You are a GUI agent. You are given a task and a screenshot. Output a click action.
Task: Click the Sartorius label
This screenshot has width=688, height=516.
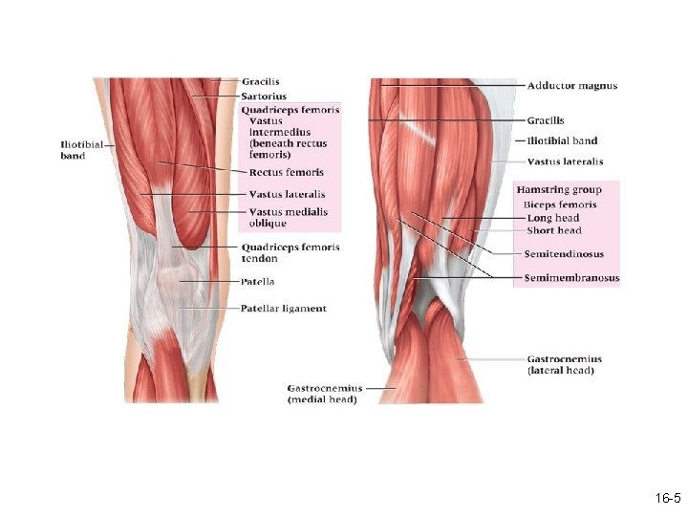pos(264,97)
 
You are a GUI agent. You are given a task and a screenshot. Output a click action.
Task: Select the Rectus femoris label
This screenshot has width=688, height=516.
pos(286,173)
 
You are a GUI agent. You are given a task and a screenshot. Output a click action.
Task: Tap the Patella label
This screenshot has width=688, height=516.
pos(258,282)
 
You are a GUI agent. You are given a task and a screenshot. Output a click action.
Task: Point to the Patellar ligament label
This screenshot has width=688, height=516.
pos(283,309)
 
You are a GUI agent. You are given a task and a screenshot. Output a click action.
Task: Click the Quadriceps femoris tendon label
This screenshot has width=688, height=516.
pos(290,252)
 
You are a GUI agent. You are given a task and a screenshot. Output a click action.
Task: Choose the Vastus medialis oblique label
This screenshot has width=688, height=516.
pos(288,217)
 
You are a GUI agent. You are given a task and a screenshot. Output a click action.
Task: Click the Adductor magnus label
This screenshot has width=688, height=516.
pos(571,86)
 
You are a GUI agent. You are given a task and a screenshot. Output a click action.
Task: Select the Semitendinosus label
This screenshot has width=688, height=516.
pos(564,254)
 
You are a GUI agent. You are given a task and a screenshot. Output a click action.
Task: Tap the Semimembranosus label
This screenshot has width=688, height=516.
pos(571,278)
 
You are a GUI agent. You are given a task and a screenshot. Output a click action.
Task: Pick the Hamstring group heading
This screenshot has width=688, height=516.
pos(559,190)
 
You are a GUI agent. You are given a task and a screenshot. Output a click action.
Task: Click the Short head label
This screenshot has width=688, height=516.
pos(554,230)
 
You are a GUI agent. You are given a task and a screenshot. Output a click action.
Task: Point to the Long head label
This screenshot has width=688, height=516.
pos(553,218)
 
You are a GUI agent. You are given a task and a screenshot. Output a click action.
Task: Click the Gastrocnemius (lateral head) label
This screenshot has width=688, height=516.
pos(563,364)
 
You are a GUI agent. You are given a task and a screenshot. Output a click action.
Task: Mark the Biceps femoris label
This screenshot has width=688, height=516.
pos(560,204)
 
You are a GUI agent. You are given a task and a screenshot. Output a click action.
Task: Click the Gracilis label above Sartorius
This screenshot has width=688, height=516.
pos(261,81)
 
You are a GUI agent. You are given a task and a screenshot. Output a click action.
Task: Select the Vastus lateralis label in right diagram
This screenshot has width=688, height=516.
pos(565,161)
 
